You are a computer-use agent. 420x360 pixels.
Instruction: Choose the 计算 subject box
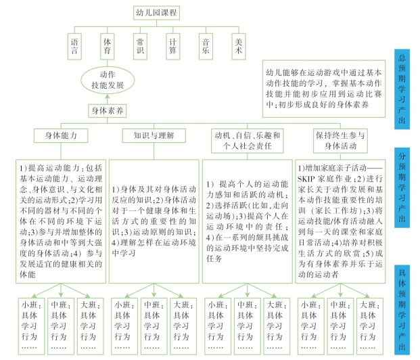click(x=172, y=45)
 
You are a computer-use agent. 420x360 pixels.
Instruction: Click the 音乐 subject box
click(x=204, y=45)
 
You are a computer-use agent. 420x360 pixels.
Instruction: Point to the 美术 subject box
click(x=237, y=45)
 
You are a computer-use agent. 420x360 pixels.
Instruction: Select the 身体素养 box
click(x=106, y=109)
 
